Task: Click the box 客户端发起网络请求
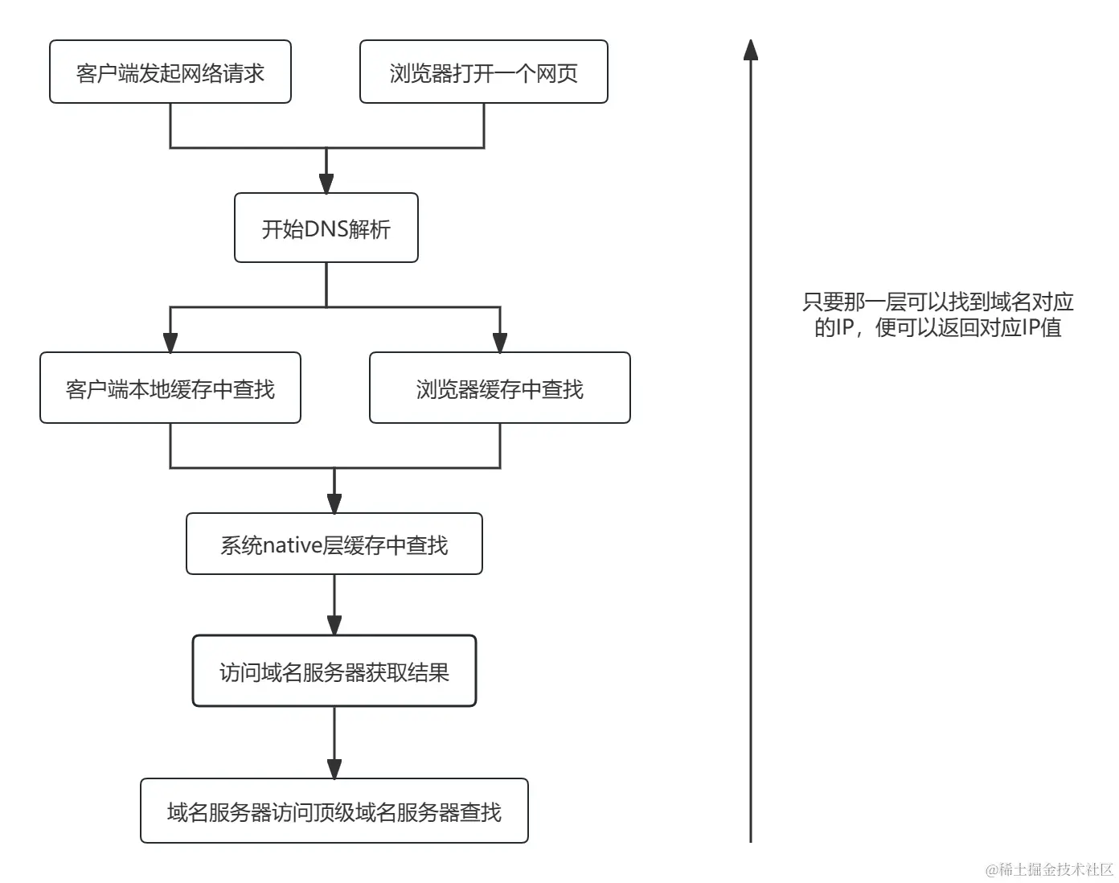coord(170,72)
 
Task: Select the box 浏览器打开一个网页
coord(483,72)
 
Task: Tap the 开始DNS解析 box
coord(326,228)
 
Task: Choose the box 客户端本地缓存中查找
coord(170,388)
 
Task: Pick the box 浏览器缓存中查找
coord(499,388)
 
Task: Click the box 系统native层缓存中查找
coord(334,544)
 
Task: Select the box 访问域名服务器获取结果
coord(334,671)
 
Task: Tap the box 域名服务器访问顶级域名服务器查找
coord(334,811)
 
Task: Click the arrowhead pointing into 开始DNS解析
coord(326,183)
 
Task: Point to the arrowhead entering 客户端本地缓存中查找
coord(170,343)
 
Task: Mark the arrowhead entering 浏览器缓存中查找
coord(500,343)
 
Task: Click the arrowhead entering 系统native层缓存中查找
coord(334,503)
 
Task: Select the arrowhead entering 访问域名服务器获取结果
coord(334,626)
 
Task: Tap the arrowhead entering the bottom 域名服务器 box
coord(334,769)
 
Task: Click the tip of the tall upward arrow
coord(751,43)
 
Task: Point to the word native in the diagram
coord(293,545)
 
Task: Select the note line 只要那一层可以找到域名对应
coord(937,302)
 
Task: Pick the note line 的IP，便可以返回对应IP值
coord(937,327)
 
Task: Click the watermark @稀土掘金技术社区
coord(1049,869)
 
